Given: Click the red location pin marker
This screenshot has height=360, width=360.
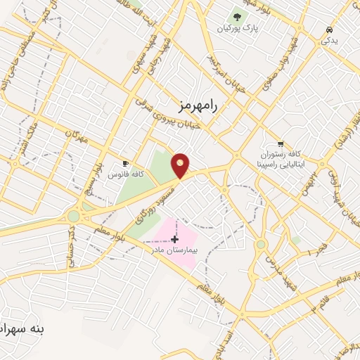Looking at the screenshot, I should [x=181, y=165].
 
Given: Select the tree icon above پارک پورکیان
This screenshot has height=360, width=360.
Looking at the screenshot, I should [x=237, y=17].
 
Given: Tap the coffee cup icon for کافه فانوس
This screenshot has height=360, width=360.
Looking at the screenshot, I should [x=125, y=163].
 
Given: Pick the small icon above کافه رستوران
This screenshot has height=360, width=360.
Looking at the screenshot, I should [x=281, y=143].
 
